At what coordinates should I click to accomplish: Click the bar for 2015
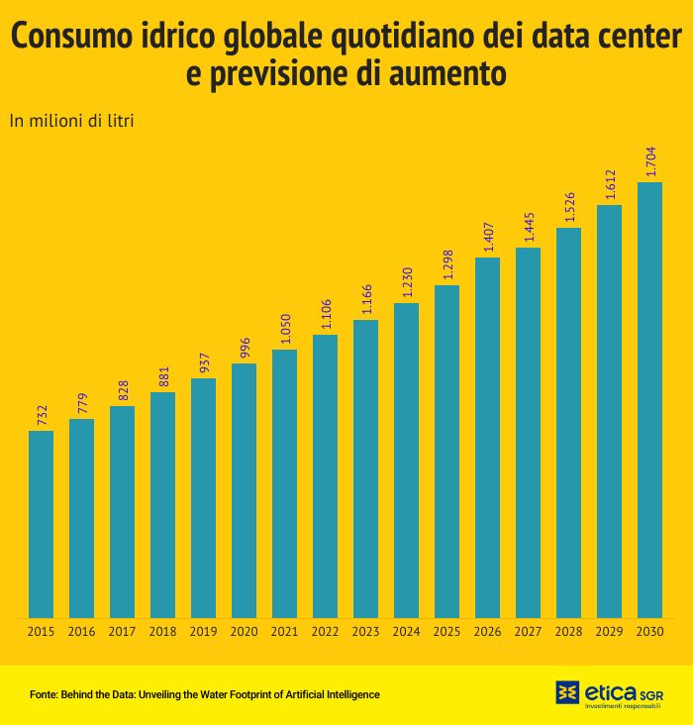point(41,524)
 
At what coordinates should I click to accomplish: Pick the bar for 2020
point(244,490)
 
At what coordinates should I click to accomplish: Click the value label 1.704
point(650,161)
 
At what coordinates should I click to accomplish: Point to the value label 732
point(42,415)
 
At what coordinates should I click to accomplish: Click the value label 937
point(204,362)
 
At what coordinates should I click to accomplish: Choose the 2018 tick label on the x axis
point(162,632)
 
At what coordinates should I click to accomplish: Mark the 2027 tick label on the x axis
point(528,632)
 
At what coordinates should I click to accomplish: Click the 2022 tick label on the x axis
point(325,632)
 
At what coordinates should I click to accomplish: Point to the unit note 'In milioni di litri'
point(71,121)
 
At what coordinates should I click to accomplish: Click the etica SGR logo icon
point(567,691)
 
